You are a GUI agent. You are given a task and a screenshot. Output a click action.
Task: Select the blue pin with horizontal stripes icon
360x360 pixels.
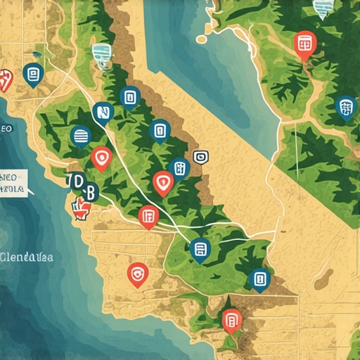81,136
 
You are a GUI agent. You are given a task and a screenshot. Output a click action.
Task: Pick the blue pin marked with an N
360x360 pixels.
103,112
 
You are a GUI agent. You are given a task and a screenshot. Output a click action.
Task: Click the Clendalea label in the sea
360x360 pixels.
27,257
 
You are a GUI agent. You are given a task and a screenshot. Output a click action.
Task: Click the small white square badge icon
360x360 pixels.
199,157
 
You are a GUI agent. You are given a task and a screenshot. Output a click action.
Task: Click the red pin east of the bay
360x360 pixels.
305,44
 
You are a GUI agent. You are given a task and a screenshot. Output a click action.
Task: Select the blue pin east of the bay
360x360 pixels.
345,108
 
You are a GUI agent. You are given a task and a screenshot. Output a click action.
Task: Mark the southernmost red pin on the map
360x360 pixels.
231,320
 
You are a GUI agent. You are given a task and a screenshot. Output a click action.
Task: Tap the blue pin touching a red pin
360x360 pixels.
179,168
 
